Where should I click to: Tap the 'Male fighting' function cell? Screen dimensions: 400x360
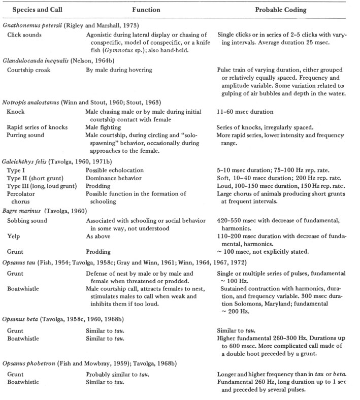point(103,127)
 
